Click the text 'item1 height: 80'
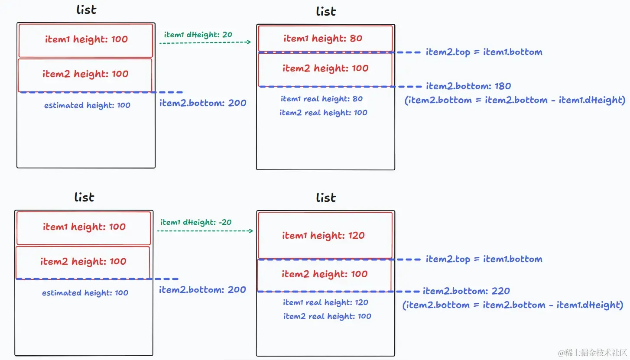(323, 39)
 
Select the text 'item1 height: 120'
(323, 236)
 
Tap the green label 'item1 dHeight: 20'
(198, 35)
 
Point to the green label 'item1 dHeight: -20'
(196, 222)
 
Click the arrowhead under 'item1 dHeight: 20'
(249, 42)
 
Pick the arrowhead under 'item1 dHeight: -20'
(250, 231)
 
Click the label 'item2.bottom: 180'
(468, 86)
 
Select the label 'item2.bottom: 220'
(466, 291)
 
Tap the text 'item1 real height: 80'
(322, 99)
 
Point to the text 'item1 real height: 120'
(325, 302)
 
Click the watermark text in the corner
(592, 353)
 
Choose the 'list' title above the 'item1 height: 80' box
(326, 12)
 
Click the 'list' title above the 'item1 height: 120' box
(326, 198)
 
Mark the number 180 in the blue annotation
(503, 86)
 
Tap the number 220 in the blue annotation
(501, 291)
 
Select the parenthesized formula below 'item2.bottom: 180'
(515, 100)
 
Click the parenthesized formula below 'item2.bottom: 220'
(513, 305)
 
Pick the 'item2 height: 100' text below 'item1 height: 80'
(325, 68)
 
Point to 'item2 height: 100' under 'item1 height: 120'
(325, 274)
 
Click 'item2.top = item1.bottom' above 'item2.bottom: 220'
(484, 259)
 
